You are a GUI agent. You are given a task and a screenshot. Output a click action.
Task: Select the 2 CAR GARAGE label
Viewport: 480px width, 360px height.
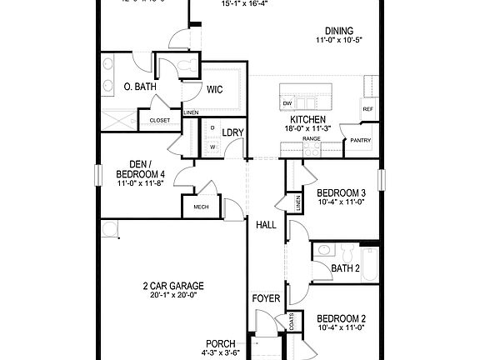click(x=172, y=286)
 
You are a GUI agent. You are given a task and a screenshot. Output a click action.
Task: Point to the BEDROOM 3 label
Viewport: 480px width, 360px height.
click(x=342, y=192)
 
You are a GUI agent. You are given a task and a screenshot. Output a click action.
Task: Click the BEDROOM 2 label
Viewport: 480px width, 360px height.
click(x=341, y=318)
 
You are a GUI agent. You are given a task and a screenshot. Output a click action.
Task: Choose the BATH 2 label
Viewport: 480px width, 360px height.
click(x=345, y=268)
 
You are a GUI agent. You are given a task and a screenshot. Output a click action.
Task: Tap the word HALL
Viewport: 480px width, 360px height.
click(x=266, y=225)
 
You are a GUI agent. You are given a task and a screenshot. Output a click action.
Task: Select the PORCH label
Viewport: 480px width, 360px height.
click(x=221, y=343)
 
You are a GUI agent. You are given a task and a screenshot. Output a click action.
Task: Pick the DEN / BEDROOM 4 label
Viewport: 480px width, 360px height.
click(x=141, y=168)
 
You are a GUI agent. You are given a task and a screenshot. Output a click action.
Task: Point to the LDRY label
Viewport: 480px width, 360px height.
click(x=232, y=131)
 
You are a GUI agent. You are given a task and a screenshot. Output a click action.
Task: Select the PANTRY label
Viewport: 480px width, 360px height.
click(x=360, y=140)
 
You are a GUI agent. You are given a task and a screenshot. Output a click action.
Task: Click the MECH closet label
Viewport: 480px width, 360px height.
click(x=201, y=207)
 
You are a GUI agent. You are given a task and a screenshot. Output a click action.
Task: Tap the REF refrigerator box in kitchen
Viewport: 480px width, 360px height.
click(x=367, y=108)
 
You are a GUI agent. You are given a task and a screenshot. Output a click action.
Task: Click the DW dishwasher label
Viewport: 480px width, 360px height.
click(x=287, y=103)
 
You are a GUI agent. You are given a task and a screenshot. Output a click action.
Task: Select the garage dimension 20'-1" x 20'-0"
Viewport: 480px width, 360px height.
click(x=172, y=295)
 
